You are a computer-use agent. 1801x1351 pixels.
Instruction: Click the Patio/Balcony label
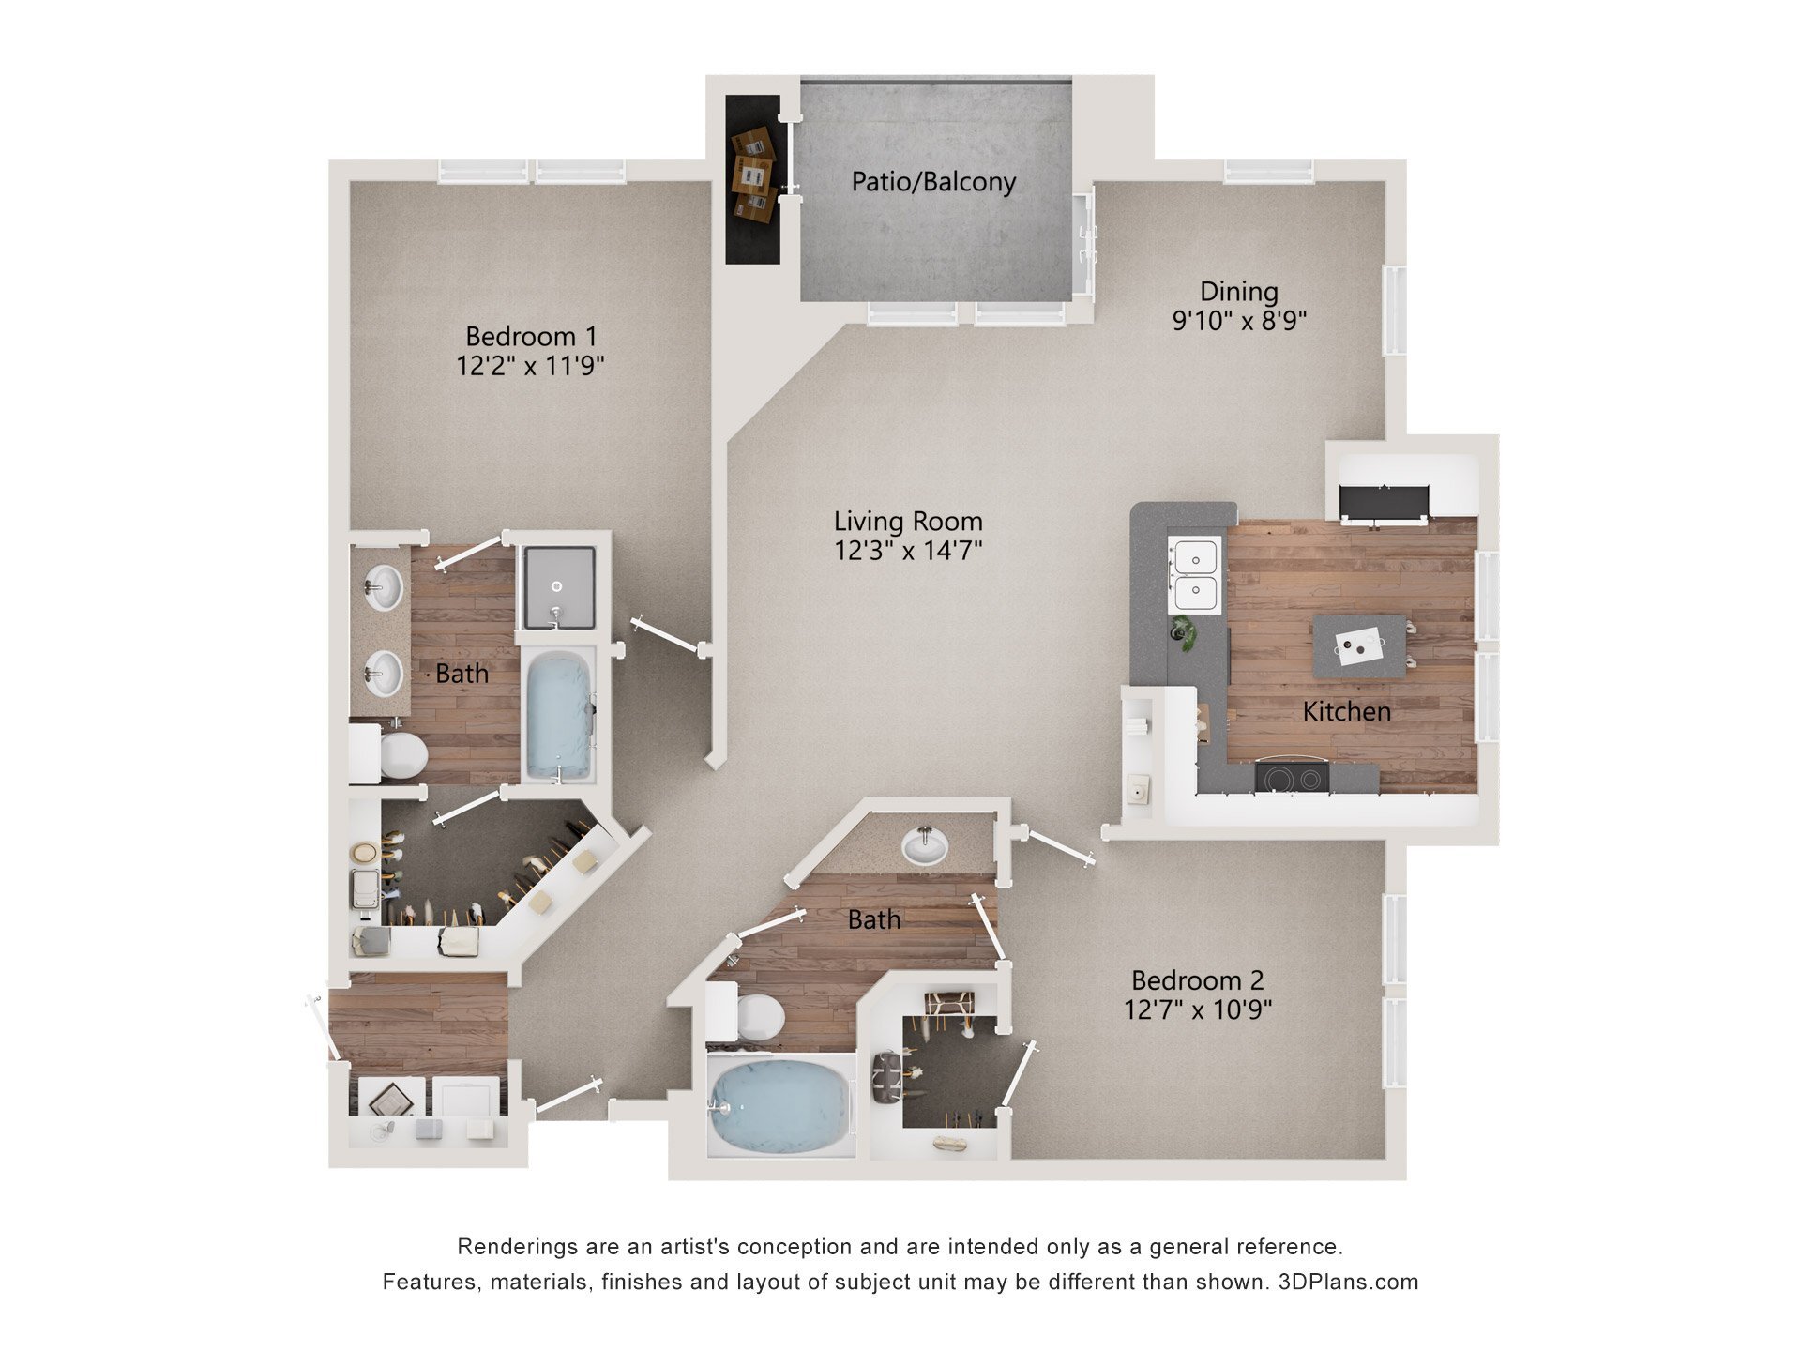[933, 182]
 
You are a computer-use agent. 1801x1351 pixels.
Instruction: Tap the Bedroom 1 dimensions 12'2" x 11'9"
[530, 366]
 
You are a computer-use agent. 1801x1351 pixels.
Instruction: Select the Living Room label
[908, 522]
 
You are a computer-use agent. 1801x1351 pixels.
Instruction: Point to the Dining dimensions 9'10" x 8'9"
[1239, 321]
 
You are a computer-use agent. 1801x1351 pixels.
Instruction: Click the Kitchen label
[1346, 712]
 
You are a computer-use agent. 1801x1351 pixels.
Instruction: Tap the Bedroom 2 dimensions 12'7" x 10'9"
[1198, 1010]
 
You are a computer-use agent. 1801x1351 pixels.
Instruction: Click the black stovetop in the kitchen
[1292, 778]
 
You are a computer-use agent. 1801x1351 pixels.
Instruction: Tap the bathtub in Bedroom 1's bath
[559, 714]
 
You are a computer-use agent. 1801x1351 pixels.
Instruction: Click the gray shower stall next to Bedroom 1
[559, 587]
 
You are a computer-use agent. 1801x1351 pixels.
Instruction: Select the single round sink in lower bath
[925, 846]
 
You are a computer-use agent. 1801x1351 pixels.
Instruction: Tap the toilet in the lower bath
[758, 1017]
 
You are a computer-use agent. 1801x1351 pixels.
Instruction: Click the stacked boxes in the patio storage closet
[753, 175]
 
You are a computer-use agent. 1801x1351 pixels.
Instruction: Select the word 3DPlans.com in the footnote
[1348, 1282]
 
